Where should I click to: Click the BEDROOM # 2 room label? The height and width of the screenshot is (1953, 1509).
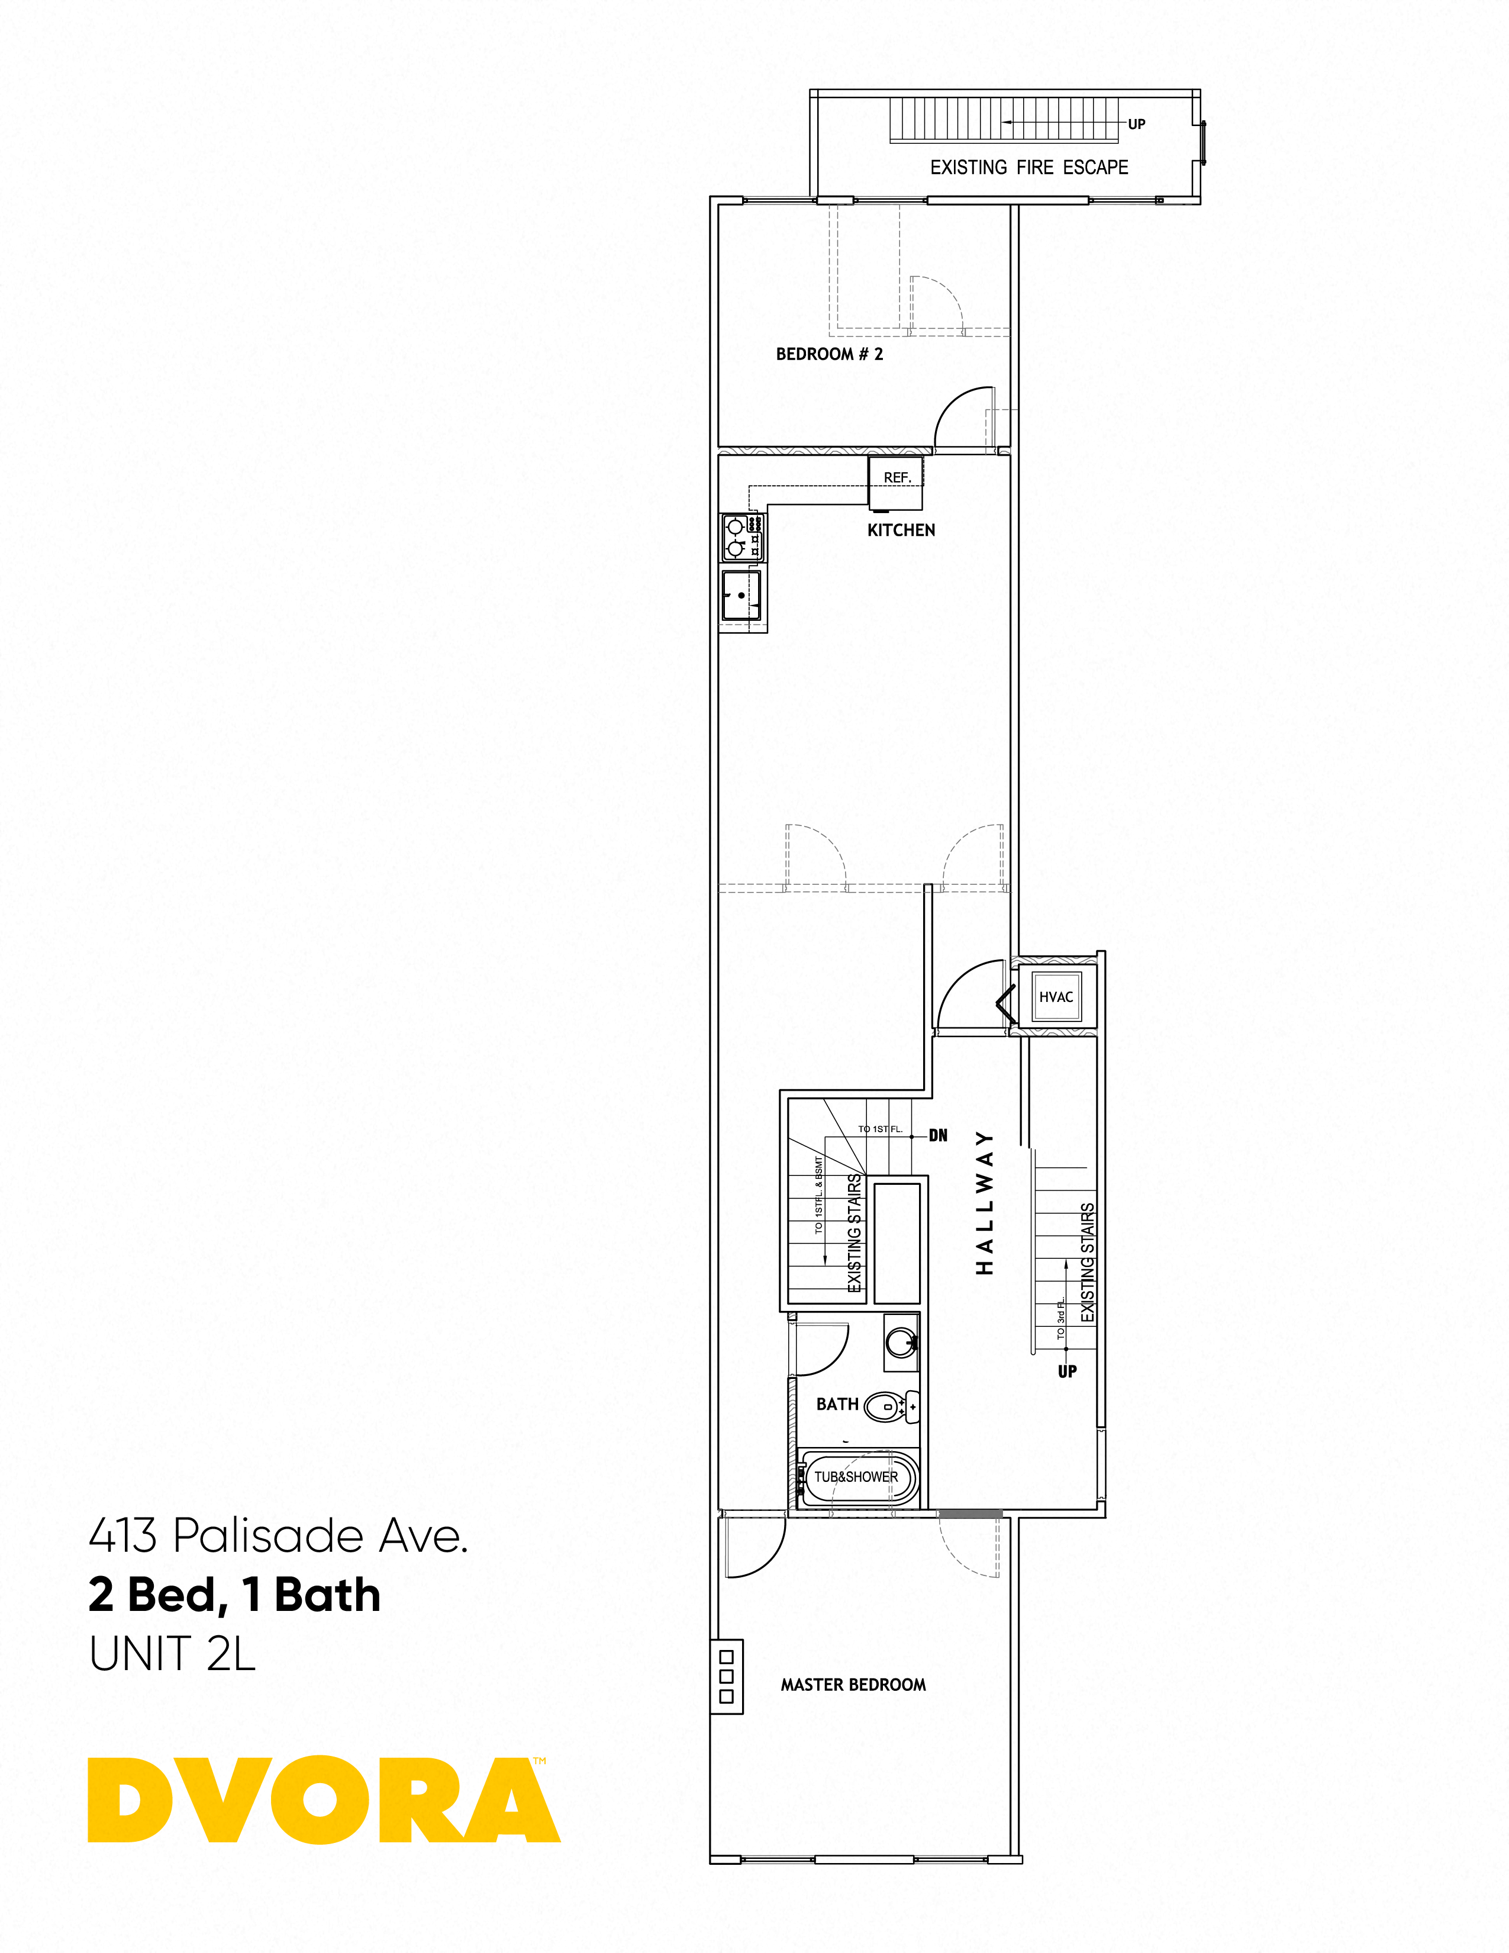tap(828, 354)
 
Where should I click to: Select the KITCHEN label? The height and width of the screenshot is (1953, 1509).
tap(901, 530)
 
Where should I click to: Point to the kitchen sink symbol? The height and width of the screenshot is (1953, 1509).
tap(741, 595)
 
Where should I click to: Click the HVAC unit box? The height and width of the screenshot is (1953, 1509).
tap(1056, 997)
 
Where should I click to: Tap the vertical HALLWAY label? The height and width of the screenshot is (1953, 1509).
tap(984, 1203)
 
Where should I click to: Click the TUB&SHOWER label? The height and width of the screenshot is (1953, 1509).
tap(856, 1477)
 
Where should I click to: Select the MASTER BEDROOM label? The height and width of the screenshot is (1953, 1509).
tap(853, 1685)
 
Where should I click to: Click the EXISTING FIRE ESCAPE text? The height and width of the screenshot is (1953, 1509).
tap(1029, 167)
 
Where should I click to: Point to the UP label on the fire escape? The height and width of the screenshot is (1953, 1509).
tap(1136, 124)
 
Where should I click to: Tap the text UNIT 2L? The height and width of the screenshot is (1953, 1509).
tap(173, 1654)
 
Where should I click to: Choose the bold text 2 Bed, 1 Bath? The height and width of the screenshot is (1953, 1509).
tap(234, 1596)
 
